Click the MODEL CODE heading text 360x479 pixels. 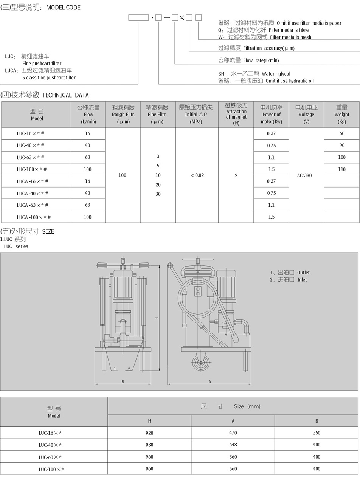point(63,8)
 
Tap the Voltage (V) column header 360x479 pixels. point(306,114)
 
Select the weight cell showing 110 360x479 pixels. point(342,169)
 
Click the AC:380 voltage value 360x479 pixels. point(304,175)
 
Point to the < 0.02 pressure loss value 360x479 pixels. point(197,175)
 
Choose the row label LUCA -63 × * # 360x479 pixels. point(33,205)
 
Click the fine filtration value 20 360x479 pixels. point(158,184)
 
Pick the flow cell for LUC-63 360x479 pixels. point(87,157)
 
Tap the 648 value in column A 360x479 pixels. point(233,445)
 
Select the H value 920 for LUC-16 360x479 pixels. point(149,433)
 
